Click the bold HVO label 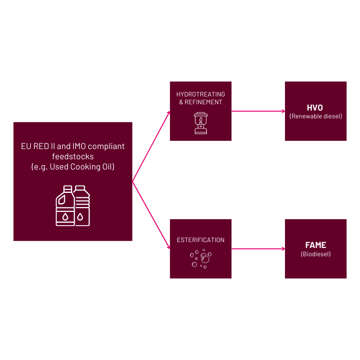[315, 108]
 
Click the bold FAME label [315, 245]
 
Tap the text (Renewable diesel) [315, 116]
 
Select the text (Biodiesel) [316, 254]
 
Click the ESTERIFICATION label [201, 240]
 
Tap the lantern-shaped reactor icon [200, 122]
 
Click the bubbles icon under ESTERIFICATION [200, 258]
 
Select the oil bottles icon [73, 206]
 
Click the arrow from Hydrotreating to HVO [258, 111]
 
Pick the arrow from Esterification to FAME [258, 249]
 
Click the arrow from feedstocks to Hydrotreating [151, 147]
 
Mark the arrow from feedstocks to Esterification [151, 215]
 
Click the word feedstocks [73, 156]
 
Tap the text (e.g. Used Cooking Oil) [73, 167]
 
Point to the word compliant [107, 146]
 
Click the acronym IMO [79, 146]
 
